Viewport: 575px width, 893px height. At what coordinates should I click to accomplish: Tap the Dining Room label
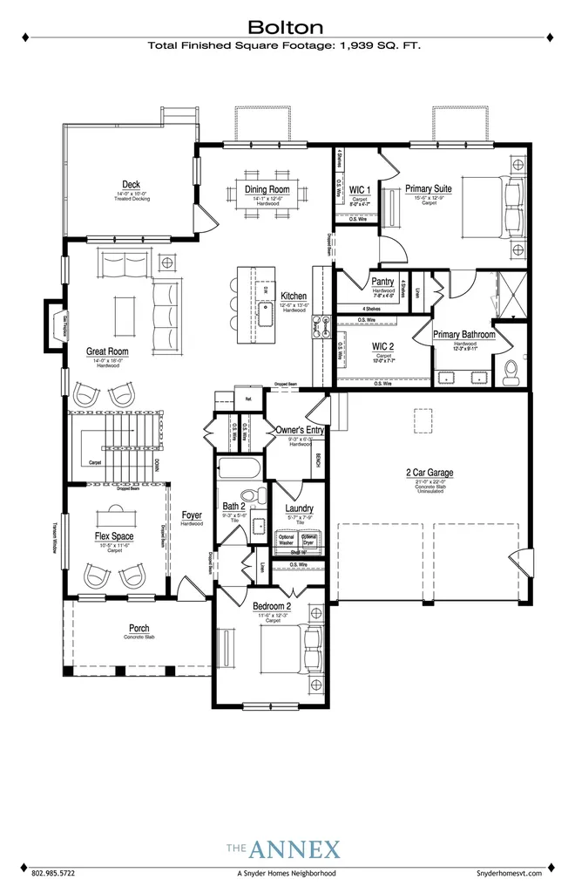267,189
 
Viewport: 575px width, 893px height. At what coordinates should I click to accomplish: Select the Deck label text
132,184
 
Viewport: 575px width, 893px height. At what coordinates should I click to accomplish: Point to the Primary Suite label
428,187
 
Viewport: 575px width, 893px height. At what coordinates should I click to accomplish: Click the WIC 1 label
360,189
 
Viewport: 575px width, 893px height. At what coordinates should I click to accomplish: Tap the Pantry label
382,282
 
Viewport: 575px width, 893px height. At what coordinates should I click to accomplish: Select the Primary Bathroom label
464,334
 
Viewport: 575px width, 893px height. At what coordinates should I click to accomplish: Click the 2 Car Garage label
429,473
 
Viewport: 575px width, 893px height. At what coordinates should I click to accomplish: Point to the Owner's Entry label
299,429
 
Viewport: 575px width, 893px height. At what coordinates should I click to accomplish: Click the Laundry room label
299,508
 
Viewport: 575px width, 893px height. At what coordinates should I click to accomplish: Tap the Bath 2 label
234,506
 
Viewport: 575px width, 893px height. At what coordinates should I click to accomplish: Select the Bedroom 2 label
274,606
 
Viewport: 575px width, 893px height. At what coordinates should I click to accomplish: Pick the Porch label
139,628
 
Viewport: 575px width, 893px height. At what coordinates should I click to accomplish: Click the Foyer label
192,515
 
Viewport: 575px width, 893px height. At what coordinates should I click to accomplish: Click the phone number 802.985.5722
54,872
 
